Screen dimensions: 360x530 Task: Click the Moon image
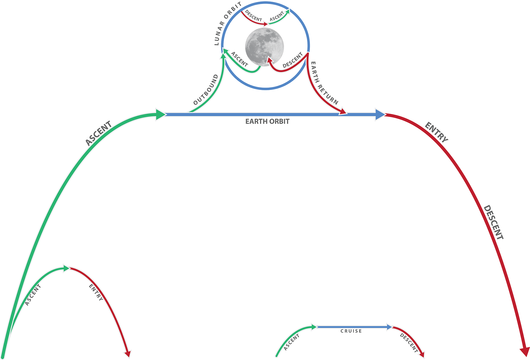coord(264,46)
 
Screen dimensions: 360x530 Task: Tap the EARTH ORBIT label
coord(267,122)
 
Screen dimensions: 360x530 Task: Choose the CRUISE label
coord(351,331)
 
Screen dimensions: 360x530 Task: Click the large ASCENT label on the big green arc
coord(98,133)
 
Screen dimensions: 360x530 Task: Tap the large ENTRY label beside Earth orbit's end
coord(436,132)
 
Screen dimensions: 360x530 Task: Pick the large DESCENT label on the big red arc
coord(493,222)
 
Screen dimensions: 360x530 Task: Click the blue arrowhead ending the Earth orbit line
coord(380,114)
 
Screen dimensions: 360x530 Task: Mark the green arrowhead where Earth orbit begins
coord(160,114)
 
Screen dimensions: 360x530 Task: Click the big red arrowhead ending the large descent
coord(524,351)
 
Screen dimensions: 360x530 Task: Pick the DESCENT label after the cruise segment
coord(409,343)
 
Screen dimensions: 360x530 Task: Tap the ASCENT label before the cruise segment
coord(291,342)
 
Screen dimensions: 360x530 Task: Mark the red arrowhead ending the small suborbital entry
coord(128,354)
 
